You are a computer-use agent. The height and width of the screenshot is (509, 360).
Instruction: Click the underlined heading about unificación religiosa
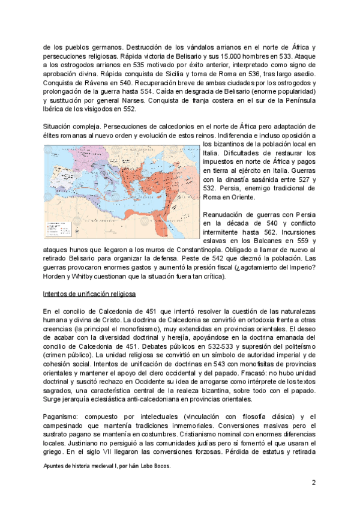(x=90, y=294)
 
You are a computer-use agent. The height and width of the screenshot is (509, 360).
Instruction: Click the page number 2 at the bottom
(x=313, y=483)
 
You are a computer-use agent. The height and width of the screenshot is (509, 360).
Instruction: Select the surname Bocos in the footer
(x=160, y=471)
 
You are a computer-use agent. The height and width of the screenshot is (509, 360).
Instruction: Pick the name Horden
(x=55, y=276)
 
